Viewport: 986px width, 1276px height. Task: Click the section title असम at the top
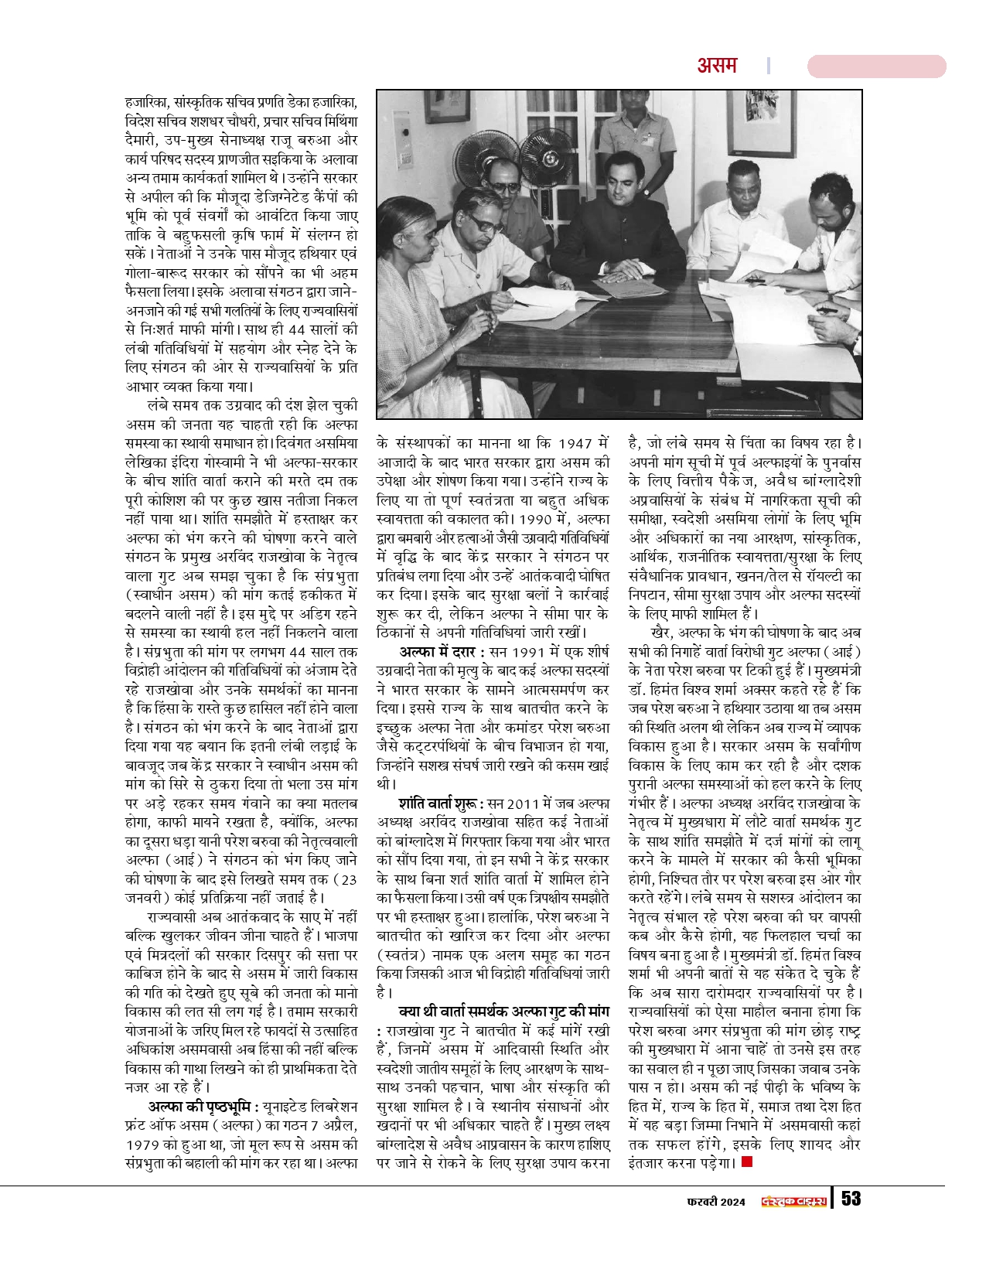(717, 66)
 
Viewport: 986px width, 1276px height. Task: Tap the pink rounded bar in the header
(876, 67)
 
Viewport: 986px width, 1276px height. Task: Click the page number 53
(851, 1198)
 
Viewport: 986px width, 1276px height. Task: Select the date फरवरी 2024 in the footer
(716, 1199)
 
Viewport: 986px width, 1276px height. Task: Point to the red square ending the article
(746, 1162)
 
